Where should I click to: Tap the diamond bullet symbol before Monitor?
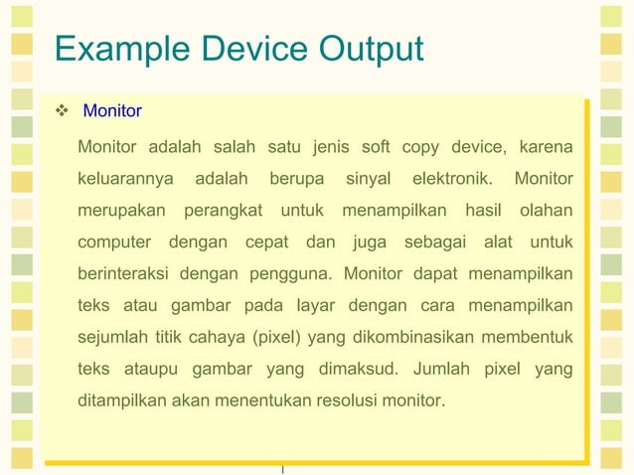(x=62, y=111)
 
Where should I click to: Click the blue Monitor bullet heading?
(x=112, y=111)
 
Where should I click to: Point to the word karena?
(x=545, y=148)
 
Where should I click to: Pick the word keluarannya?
(x=124, y=180)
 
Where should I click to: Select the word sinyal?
(x=368, y=180)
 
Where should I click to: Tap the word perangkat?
(x=223, y=211)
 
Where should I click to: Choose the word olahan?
(x=545, y=211)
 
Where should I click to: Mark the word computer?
(x=114, y=242)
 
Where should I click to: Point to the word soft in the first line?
(x=376, y=148)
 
